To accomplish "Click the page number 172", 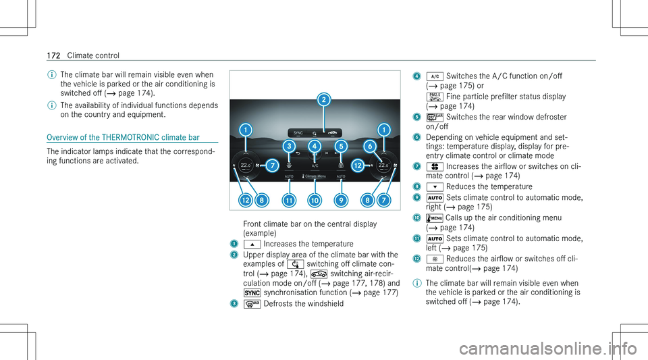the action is (54, 55).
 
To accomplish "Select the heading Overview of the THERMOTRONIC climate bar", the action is (123, 137).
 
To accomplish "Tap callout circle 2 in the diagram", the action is (324, 99).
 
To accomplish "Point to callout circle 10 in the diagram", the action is (315, 201).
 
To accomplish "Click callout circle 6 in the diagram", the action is (370, 146).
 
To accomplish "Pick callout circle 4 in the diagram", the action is (315, 146).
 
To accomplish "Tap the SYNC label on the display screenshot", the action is (298, 133).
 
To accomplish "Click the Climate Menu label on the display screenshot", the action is (315, 176).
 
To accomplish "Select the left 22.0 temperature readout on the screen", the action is (246, 165).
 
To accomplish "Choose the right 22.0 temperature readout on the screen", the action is (383, 165).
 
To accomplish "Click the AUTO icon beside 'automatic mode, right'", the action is (435, 198).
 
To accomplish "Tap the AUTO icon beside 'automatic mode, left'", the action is (435, 239).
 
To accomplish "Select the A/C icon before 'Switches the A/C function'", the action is (435, 76).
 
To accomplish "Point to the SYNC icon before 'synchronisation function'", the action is (252, 293).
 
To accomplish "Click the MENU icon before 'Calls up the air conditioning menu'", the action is (434, 218).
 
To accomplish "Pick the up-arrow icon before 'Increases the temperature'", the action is (252, 245).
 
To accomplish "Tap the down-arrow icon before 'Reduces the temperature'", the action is (435, 187).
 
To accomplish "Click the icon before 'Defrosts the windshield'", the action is (252, 304).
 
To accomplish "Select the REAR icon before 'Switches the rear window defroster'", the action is (435, 118).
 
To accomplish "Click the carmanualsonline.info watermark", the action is (548, 349).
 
